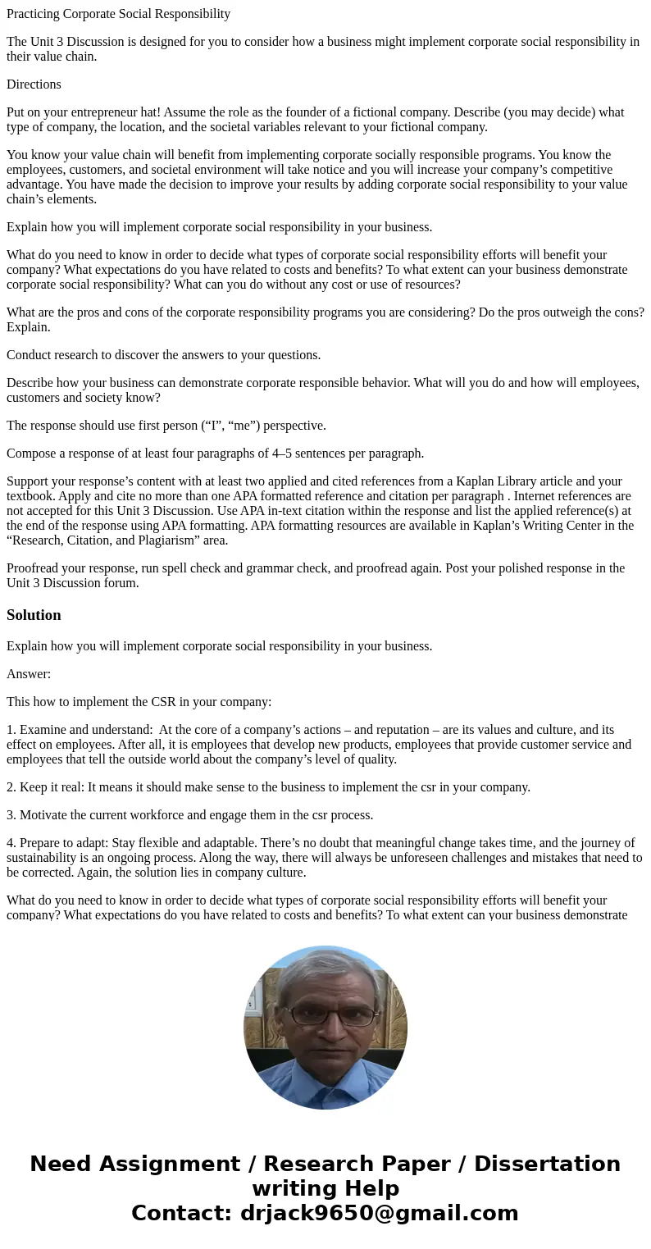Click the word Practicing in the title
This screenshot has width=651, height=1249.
point(34,14)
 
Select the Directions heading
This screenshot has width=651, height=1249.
point(34,84)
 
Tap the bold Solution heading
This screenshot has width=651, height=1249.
point(34,615)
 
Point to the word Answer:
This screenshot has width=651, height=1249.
point(29,674)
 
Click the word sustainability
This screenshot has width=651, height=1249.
point(42,858)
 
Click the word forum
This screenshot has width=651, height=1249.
point(122,583)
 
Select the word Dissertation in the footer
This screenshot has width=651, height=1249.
point(547,1165)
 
